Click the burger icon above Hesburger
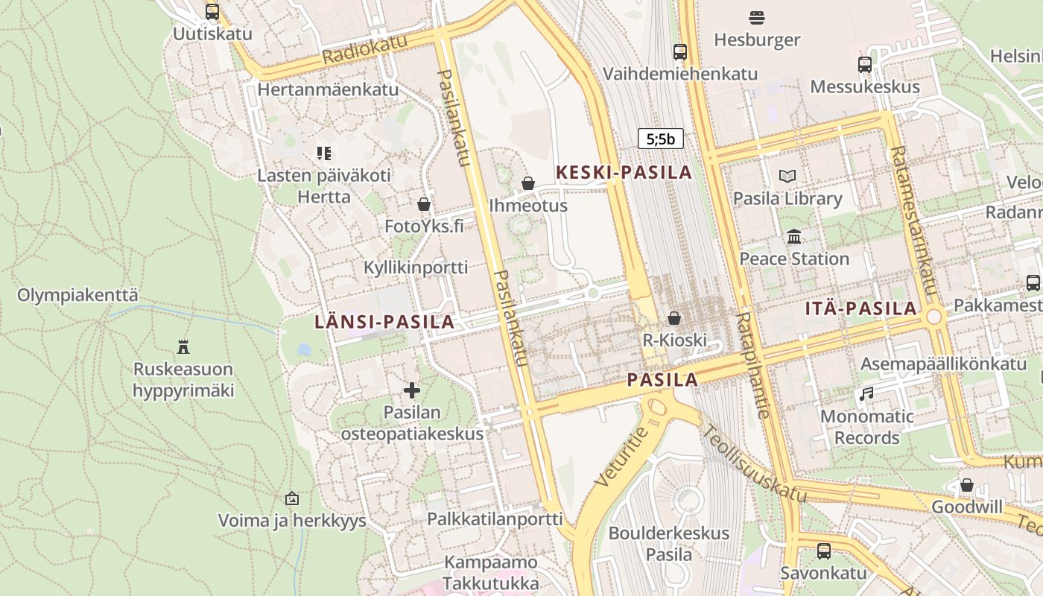[x=757, y=17]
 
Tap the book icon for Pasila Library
[x=787, y=177]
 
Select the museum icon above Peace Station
[x=794, y=237]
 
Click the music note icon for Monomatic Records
[x=866, y=393]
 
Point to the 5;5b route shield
[x=660, y=139]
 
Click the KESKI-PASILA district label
[x=624, y=173]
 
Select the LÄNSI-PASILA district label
[x=384, y=322]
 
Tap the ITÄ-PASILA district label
[x=861, y=308]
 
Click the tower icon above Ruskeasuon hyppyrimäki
[x=183, y=346]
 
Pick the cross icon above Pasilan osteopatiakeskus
[x=411, y=390]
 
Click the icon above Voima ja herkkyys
[x=292, y=498]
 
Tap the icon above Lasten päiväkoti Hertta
[x=323, y=153]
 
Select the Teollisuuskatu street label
[x=754, y=463]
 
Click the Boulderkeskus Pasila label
[x=668, y=544]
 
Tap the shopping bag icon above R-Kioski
[x=674, y=318]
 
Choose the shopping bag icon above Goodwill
[x=967, y=485]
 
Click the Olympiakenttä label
[x=77, y=295]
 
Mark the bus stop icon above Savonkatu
[x=823, y=551]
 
